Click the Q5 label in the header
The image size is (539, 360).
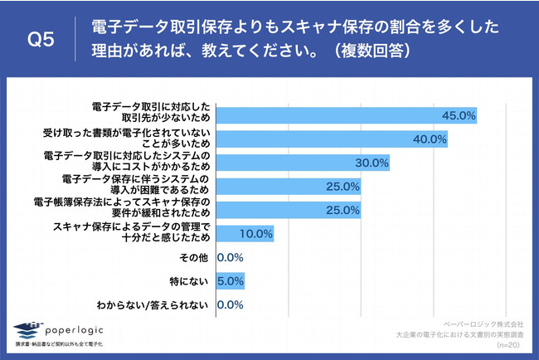41,39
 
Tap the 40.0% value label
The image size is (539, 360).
430,139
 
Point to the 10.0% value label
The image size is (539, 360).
255,234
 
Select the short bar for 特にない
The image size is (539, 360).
230,281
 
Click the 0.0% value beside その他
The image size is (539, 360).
230,258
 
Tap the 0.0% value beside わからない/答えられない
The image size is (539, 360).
230,305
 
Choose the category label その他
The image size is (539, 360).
197,258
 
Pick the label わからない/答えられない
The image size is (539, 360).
157,305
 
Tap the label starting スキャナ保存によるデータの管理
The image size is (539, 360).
133,233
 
